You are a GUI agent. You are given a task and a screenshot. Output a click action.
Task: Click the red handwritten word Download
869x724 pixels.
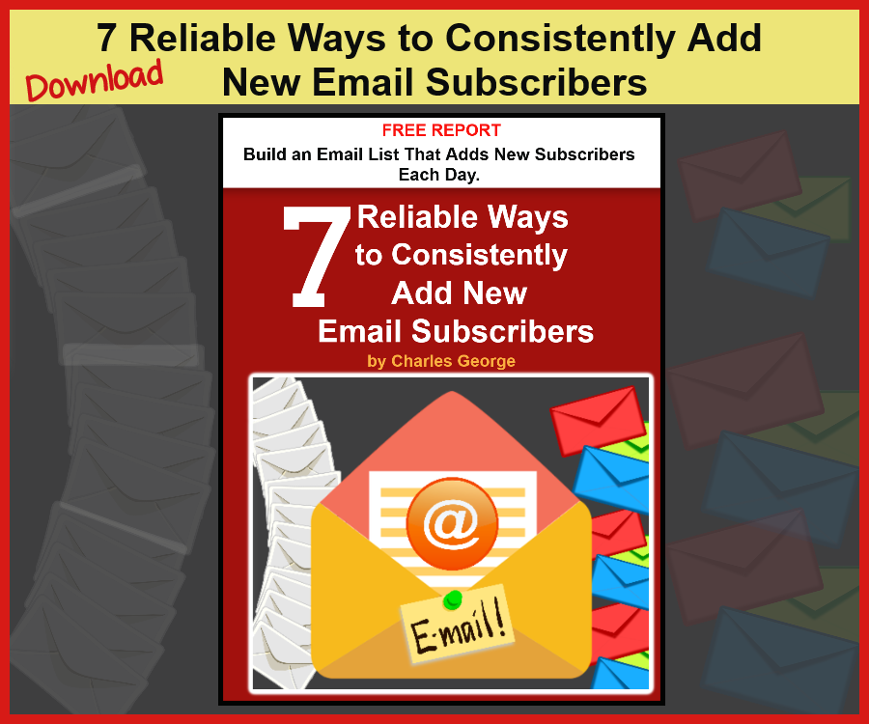click(95, 80)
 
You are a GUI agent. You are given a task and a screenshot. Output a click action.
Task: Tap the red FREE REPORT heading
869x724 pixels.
click(441, 130)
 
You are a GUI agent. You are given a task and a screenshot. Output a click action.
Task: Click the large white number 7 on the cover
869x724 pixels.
click(317, 257)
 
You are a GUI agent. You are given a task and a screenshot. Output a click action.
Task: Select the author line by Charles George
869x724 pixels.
click(441, 361)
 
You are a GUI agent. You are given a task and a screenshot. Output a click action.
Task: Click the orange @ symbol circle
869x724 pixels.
click(452, 523)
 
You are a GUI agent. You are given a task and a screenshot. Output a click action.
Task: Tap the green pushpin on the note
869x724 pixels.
click(453, 599)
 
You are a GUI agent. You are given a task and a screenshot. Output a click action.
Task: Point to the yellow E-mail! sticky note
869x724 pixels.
click(458, 625)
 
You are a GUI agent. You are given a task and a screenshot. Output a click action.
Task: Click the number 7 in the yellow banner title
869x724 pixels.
click(107, 39)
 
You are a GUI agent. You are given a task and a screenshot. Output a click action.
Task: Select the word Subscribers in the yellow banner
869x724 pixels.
click(537, 83)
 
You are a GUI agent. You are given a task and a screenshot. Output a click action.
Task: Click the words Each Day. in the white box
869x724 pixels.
click(439, 175)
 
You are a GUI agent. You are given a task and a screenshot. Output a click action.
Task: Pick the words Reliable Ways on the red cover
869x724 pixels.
click(463, 216)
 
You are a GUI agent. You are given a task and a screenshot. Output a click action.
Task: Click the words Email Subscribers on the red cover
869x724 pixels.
click(456, 331)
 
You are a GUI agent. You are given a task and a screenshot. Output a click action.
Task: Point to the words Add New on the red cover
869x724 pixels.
click(460, 293)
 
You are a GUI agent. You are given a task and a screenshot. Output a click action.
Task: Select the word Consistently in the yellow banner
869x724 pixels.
click(560, 39)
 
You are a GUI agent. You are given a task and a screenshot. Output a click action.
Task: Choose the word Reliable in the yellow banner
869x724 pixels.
click(203, 39)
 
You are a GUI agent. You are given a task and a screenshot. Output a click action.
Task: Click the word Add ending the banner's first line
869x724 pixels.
click(724, 39)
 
